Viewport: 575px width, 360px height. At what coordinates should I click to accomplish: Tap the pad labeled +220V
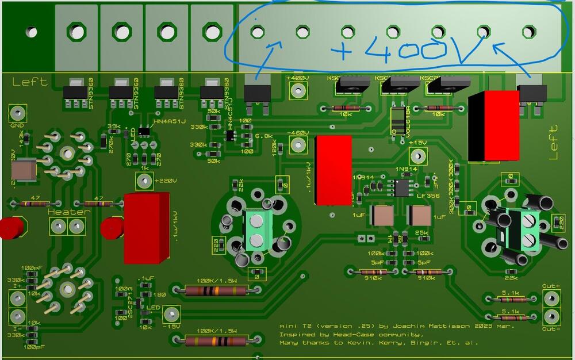(x=143, y=182)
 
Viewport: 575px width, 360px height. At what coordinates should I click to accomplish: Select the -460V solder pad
(x=297, y=145)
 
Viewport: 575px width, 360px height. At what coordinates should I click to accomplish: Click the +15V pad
(x=418, y=155)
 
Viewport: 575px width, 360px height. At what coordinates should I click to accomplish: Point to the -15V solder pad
(x=171, y=315)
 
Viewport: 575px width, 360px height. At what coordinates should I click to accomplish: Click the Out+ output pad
(x=551, y=298)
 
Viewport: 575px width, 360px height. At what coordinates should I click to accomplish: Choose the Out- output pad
(x=551, y=316)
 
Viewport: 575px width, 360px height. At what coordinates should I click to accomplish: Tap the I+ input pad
(x=18, y=297)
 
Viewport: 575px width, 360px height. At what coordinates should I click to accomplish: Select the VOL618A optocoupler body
(x=397, y=118)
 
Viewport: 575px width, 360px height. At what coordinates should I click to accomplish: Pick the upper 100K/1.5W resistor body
(x=213, y=290)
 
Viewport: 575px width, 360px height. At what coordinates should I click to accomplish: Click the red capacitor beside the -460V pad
(x=333, y=170)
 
